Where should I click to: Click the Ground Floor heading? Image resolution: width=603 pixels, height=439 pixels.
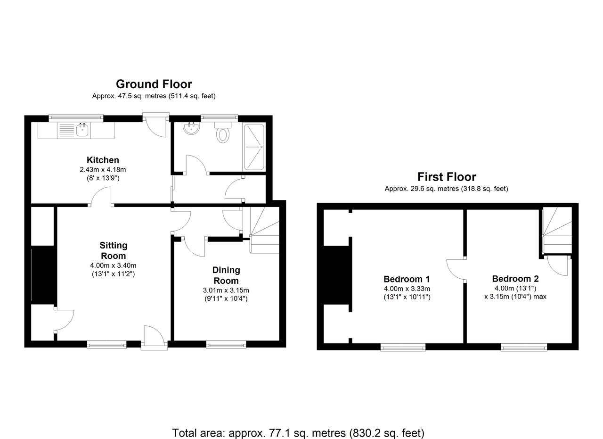154,84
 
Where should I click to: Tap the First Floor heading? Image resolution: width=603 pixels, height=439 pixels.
447,177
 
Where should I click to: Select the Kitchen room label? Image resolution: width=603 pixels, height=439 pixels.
103,160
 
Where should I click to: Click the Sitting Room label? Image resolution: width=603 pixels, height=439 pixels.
114,250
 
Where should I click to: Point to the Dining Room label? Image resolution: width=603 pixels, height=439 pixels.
226,275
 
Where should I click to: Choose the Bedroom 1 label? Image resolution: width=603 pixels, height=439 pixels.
407,279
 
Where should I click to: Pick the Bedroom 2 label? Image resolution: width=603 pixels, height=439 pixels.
515,279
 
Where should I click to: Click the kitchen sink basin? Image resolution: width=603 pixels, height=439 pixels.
82,130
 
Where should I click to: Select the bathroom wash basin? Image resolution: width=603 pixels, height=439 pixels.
191,128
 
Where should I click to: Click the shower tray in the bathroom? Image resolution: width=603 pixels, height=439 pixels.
254,147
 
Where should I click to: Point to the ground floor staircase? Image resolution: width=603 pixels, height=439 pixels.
264,230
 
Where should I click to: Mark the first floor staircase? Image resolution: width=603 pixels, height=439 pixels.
557,230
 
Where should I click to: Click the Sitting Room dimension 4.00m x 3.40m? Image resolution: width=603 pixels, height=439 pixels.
114,265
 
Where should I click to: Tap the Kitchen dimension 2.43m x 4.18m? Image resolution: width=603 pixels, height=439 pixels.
103,170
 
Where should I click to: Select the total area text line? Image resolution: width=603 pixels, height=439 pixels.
298,425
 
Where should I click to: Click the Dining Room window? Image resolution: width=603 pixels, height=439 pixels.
226,344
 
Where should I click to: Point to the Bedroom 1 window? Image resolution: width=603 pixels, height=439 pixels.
403,347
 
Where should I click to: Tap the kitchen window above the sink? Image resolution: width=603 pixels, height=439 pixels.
76,117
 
